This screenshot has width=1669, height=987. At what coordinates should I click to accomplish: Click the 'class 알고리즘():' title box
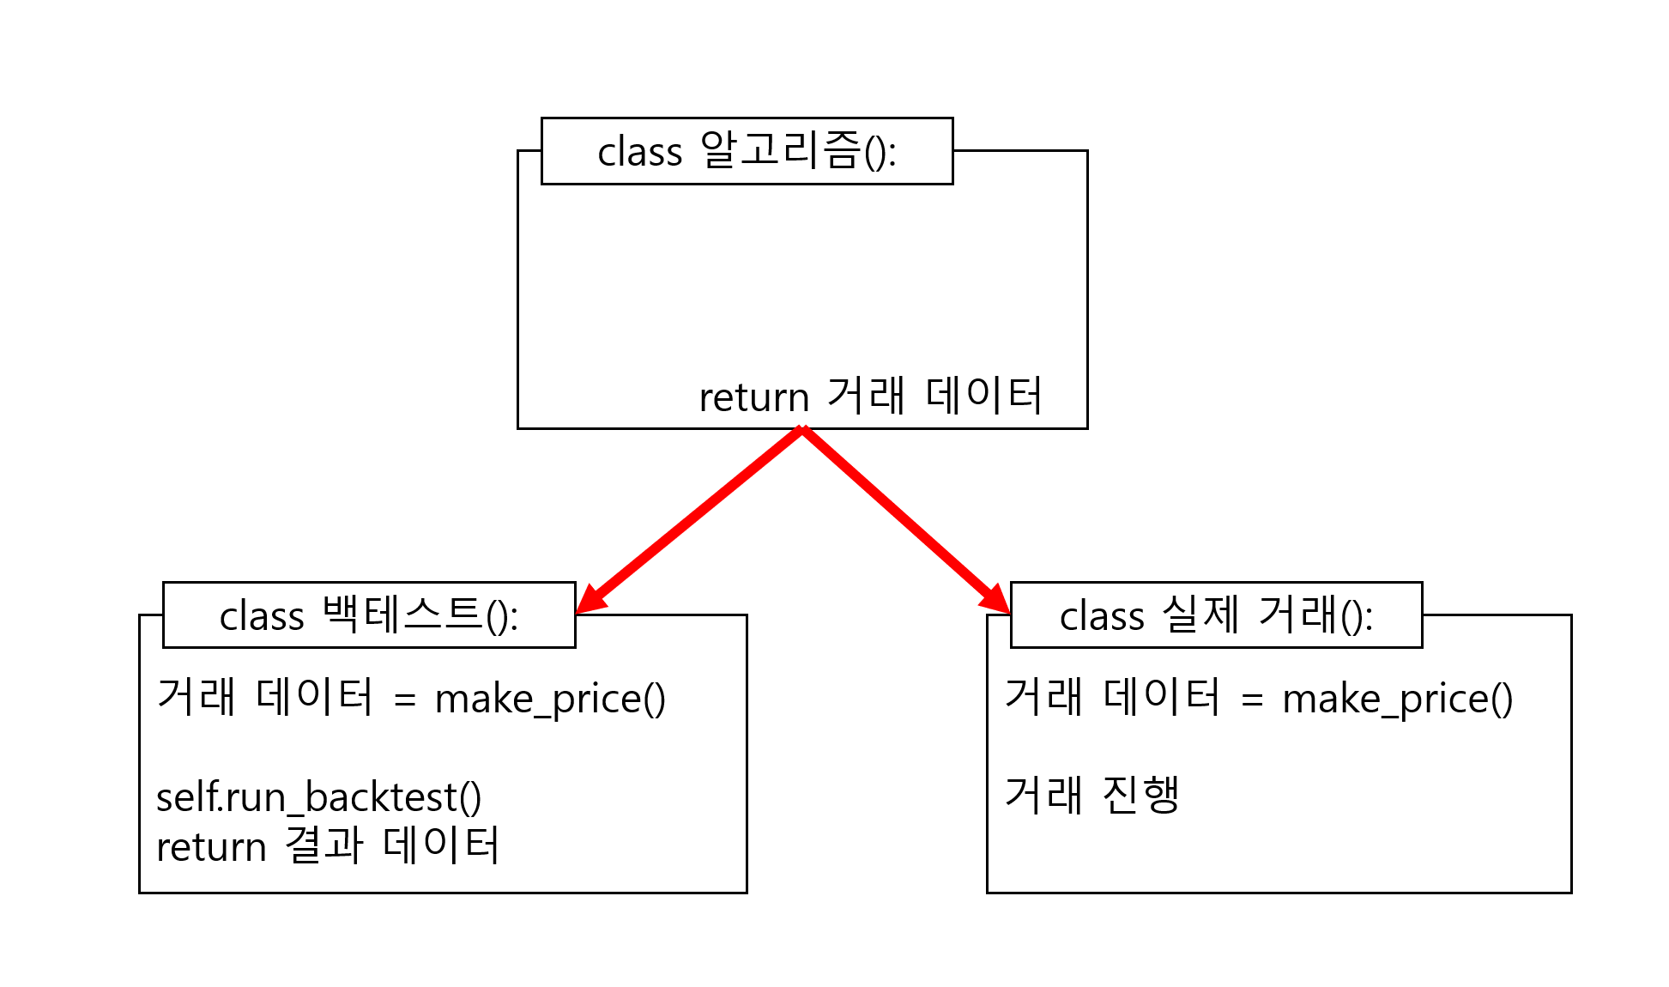(x=747, y=151)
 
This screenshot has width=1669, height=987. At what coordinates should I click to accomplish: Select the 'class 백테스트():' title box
(x=369, y=615)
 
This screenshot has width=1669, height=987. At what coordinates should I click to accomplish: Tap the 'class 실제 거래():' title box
(x=1216, y=615)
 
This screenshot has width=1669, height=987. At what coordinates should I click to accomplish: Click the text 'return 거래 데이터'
(x=870, y=397)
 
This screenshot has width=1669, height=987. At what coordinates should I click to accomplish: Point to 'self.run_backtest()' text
(x=318, y=797)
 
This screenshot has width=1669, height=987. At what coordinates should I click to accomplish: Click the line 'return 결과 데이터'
(x=327, y=846)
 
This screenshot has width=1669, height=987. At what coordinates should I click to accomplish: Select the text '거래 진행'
(x=1092, y=795)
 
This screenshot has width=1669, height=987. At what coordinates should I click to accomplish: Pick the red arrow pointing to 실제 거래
(x=901, y=515)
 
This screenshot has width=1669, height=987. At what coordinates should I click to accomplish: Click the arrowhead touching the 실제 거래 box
(x=995, y=598)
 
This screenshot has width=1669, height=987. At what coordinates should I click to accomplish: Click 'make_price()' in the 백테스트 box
(x=550, y=699)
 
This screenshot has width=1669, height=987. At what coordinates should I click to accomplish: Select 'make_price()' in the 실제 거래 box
(x=1397, y=699)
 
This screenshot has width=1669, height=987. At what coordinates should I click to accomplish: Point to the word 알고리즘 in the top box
(x=780, y=150)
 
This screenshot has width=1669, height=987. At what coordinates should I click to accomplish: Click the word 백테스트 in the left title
(x=402, y=615)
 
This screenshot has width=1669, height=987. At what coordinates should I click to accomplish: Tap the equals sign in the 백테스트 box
(x=405, y=700)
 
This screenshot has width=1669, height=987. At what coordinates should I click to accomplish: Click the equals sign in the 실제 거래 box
(x=1252, y=700)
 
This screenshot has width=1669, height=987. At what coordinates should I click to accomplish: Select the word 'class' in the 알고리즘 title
(x=639, y=153)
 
